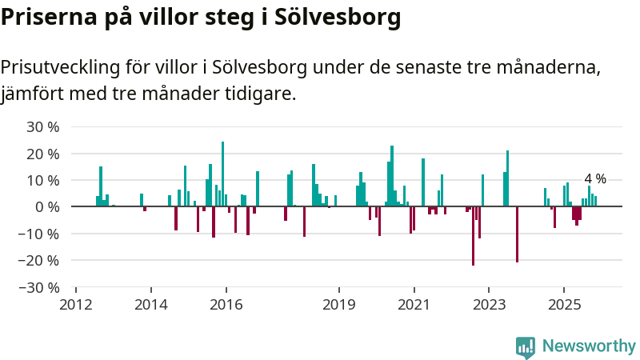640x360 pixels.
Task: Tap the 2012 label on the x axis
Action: pos(76,304)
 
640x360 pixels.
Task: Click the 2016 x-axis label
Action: pos(226,304)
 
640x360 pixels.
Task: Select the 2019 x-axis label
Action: pos(339,304)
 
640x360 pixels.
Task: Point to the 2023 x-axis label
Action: pos(489,304)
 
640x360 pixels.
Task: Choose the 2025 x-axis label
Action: pos(564,304)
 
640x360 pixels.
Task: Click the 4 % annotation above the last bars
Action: pos(595,179)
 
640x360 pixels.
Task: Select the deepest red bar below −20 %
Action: pos(473,236)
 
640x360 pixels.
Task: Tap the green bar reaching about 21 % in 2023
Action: pos(507,178)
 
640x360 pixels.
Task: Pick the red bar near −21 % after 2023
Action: pos(517,234)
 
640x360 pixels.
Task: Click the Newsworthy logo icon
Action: pos(526,346)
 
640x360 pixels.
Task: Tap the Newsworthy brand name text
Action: pos(589,346)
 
